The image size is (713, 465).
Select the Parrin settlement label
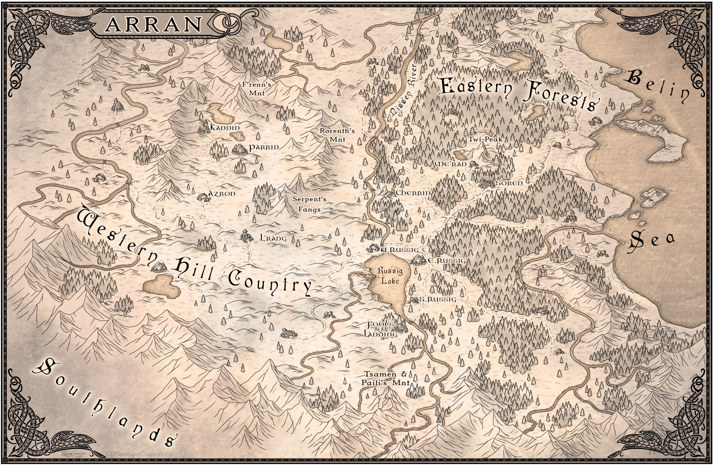(264, 148)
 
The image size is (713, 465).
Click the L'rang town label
(273, 239)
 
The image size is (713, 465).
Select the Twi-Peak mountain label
(485, 139)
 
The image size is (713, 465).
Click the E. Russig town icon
(418, 260)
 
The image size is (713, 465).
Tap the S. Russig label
(437, 299)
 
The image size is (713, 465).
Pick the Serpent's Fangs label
(309, 204)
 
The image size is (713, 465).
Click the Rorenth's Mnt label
(337, 135)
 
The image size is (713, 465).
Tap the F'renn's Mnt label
(257, 89)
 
